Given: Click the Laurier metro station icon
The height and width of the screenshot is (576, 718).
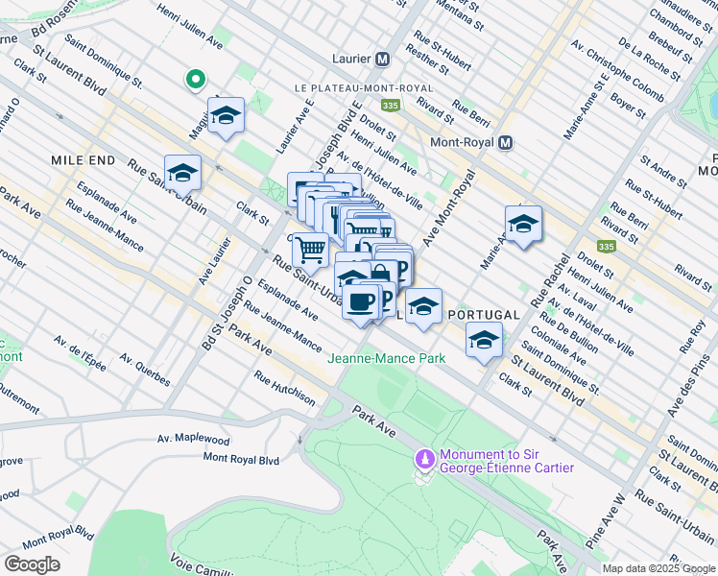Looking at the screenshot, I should [382, 59].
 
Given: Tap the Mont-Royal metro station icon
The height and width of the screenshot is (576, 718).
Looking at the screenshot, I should [505, 143].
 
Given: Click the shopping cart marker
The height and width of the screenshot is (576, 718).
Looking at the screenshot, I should [310, 250].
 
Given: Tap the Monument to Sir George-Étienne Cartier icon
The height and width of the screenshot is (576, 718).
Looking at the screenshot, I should [422, 461].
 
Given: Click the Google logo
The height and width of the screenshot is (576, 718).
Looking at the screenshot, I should [32, 564].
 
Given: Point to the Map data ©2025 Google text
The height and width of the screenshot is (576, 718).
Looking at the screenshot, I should [658, 568].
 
